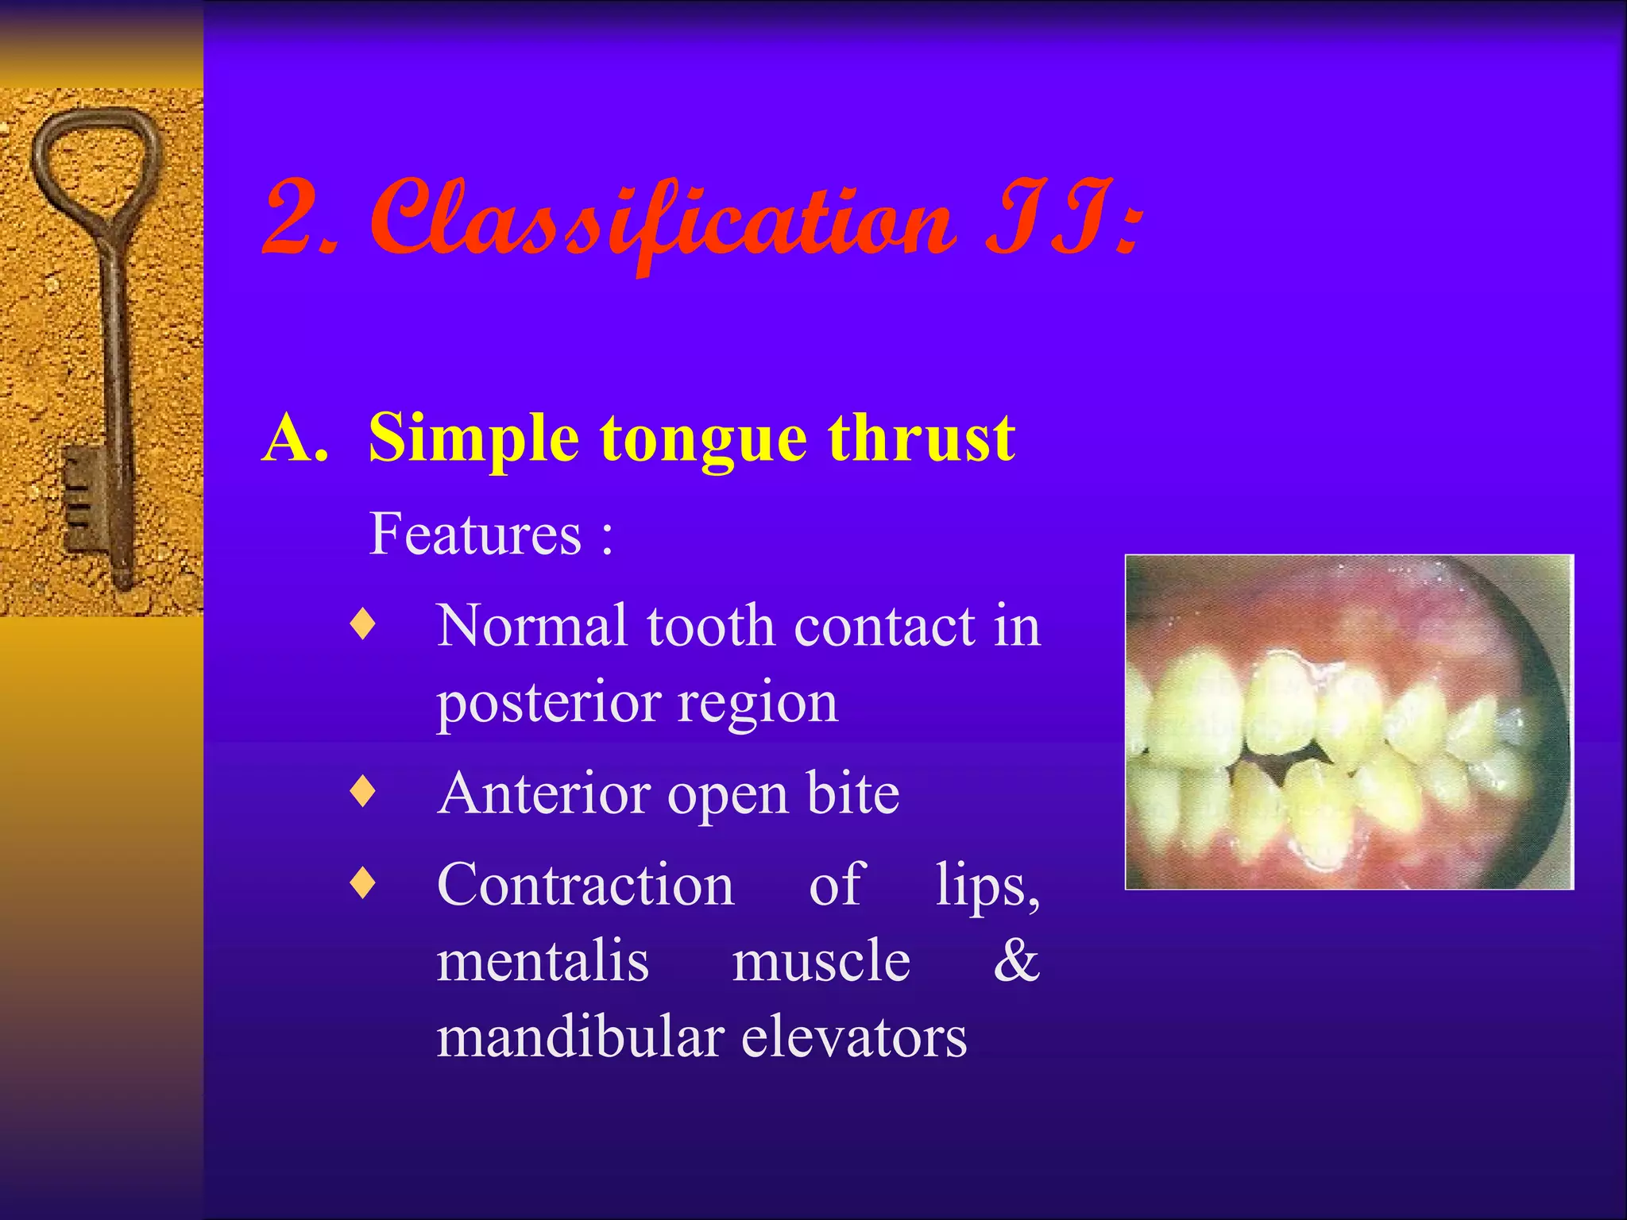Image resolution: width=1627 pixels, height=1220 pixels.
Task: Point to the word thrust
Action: (x=922, y=438)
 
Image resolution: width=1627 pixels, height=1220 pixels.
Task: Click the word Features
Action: (x=475, y=534)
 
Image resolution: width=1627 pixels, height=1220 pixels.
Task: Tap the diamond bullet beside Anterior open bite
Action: (x=362, y=793)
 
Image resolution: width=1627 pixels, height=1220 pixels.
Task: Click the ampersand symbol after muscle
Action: (x=1016, y=961)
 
